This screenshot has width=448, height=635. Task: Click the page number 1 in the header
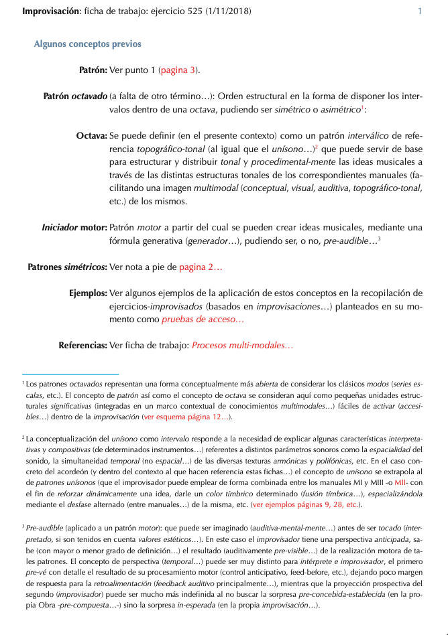point(420,11)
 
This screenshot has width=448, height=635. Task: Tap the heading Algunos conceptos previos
point(87,44)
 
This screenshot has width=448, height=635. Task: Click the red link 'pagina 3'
point(178,69)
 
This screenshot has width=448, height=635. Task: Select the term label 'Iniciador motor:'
point(74,227)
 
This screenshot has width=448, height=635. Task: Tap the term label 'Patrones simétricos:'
point(67,267)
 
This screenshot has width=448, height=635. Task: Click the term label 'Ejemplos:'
point(87,293)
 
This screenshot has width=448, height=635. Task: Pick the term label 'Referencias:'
point(82,346)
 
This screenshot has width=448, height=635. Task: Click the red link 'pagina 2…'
point(201,267)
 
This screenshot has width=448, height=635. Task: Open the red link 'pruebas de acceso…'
point(203,320)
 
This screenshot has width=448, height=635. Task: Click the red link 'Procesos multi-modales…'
point(242,346)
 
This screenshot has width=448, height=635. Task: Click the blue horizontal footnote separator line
point(70,374)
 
